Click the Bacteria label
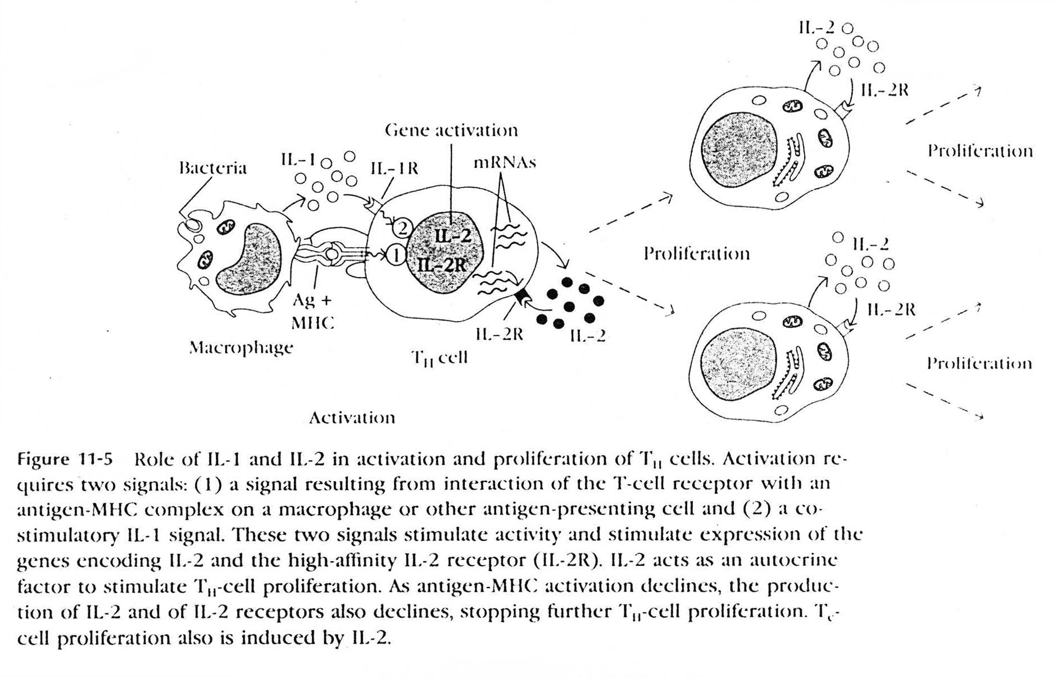click(x=212, y=168)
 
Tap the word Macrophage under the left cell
click(x=241, y=348)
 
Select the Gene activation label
click(x=451, y=130)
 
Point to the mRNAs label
click(x=505, y=162)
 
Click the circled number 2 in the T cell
click(x=402, y=228)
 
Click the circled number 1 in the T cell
click(x=396, y=256)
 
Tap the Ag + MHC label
click(x=312, y=311)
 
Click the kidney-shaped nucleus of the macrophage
click(x=248, y=258)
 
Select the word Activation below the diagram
click(x=352, y=418)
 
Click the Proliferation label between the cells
click(x=696, y=254)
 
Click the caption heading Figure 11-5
click(x=65, y=459)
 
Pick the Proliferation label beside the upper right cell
click(x=979, y=151)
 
